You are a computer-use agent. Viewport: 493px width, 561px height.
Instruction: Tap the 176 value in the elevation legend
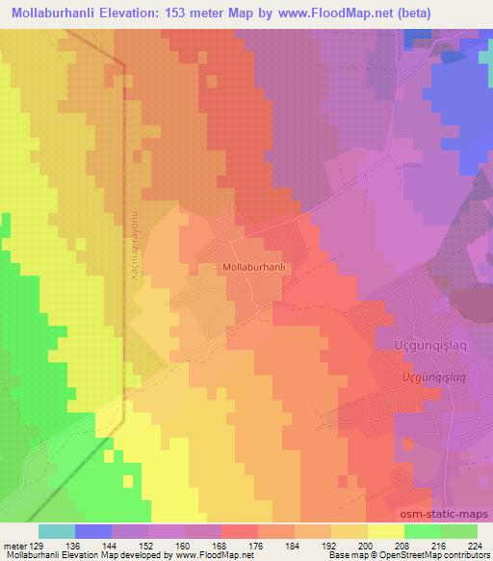[x=257, y=545]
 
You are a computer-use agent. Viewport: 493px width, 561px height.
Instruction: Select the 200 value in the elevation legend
[x=367, y=545]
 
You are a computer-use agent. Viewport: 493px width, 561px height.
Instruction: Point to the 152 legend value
[x=148, y=545]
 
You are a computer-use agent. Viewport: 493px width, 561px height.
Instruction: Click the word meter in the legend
[x=15, y=545]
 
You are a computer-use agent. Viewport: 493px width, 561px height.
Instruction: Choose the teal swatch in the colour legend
[x=57, y=531]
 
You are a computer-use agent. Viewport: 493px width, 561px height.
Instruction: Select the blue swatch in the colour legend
[x=93, y=531]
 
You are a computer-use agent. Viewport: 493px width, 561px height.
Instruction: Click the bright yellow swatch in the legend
[x=385, y=531]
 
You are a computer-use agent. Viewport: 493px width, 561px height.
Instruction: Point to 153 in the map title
[x=185, y=13]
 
